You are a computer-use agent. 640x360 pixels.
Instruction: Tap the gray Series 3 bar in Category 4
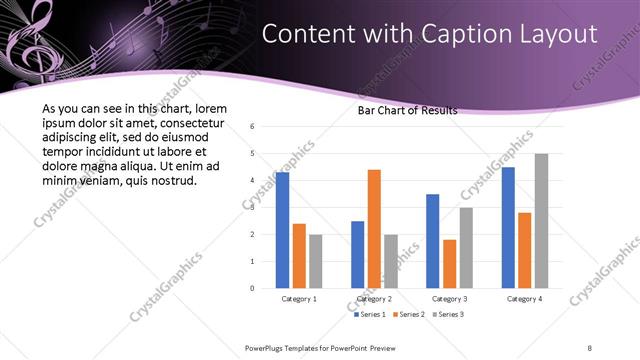pos(541,220)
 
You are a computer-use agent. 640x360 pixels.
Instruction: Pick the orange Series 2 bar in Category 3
pos(450,264)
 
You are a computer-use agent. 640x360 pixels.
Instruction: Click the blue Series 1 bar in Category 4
pos(507,227)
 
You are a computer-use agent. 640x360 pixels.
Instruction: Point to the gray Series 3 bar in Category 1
pos(316,261)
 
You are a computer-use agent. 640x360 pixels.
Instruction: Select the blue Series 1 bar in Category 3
pos(432,241)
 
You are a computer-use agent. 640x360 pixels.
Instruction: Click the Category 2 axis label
pos(374,299)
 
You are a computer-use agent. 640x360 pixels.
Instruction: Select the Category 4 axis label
pos(524,299)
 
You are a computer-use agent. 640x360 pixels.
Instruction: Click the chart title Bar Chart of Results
pos(407,111)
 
